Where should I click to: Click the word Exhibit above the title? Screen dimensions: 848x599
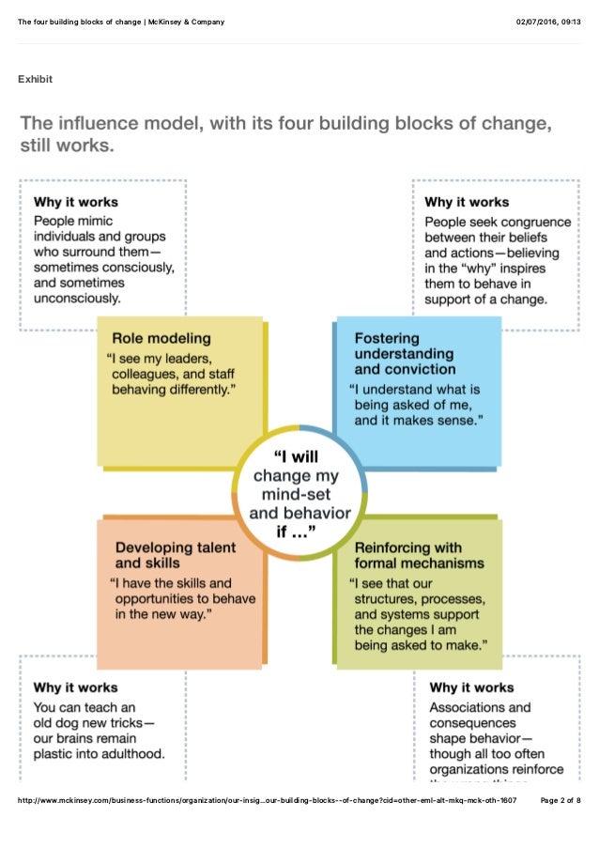(36, 79)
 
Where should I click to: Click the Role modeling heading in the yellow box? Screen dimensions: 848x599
(161, 338)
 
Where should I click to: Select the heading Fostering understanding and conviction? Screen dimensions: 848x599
(404, 354)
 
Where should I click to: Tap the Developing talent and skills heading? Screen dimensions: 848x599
(175, 555)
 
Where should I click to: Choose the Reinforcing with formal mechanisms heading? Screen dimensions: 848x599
(419, 556)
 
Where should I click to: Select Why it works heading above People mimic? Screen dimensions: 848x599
(76, 201)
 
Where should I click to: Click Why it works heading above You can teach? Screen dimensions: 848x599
(76, 687)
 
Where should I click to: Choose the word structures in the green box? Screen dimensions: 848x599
(387, 599)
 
